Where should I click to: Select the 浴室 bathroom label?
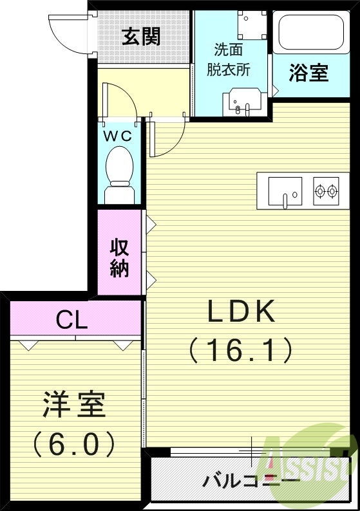pos(308,73)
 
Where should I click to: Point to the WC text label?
pos(118,136)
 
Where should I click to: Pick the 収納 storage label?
pos(119,257)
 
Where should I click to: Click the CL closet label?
pos(72,320)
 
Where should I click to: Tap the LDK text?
pos(242,312)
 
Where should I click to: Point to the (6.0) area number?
pos(74,443)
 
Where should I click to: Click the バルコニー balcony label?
pos(251,480)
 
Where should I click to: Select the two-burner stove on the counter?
pos(326,190)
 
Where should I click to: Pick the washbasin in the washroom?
pos(242,103)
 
